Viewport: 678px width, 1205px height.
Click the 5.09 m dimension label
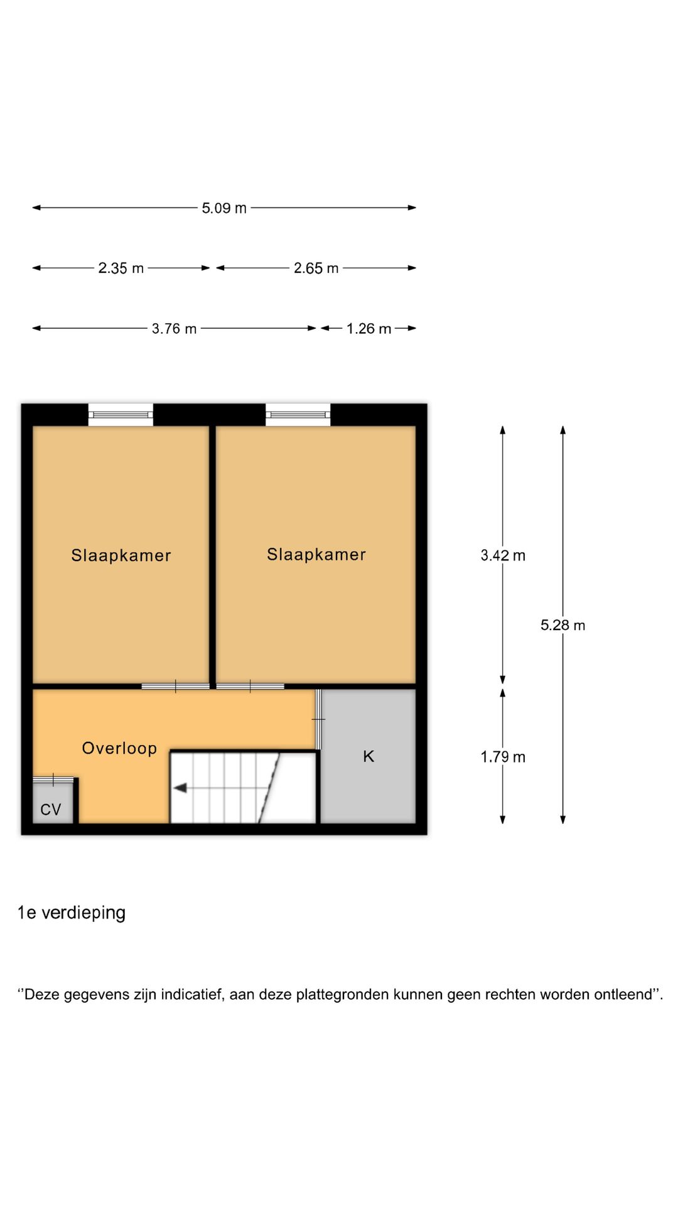pos(224,208)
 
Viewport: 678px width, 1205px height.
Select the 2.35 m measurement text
pos(121,268)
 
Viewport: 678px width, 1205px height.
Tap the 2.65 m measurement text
pos(316,268)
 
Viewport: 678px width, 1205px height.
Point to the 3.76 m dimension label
pos(174,328)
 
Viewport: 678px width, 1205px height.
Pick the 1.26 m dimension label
pos(369,328)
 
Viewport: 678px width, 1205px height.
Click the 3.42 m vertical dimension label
pos(502,555)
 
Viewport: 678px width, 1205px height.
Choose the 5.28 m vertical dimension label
pos(562,625)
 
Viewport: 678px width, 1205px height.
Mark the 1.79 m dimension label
pos(502,757)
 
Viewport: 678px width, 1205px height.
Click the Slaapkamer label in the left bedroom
pos(121,555)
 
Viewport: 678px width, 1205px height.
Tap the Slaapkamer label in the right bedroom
pos(316,554)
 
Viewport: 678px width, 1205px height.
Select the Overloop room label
pos(119,748)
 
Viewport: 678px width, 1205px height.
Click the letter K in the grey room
pos(369,756)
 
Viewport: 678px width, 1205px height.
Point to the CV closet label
pos(51,810)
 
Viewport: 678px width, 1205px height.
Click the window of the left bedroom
pos(121,415)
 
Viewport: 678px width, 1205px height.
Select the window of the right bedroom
pos(298,415)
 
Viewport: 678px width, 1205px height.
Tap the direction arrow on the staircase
pos(181,788)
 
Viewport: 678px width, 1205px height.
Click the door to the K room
pos(318,719)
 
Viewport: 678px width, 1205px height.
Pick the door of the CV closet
pos(53,780)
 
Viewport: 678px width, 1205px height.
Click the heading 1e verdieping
pos(72,913)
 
